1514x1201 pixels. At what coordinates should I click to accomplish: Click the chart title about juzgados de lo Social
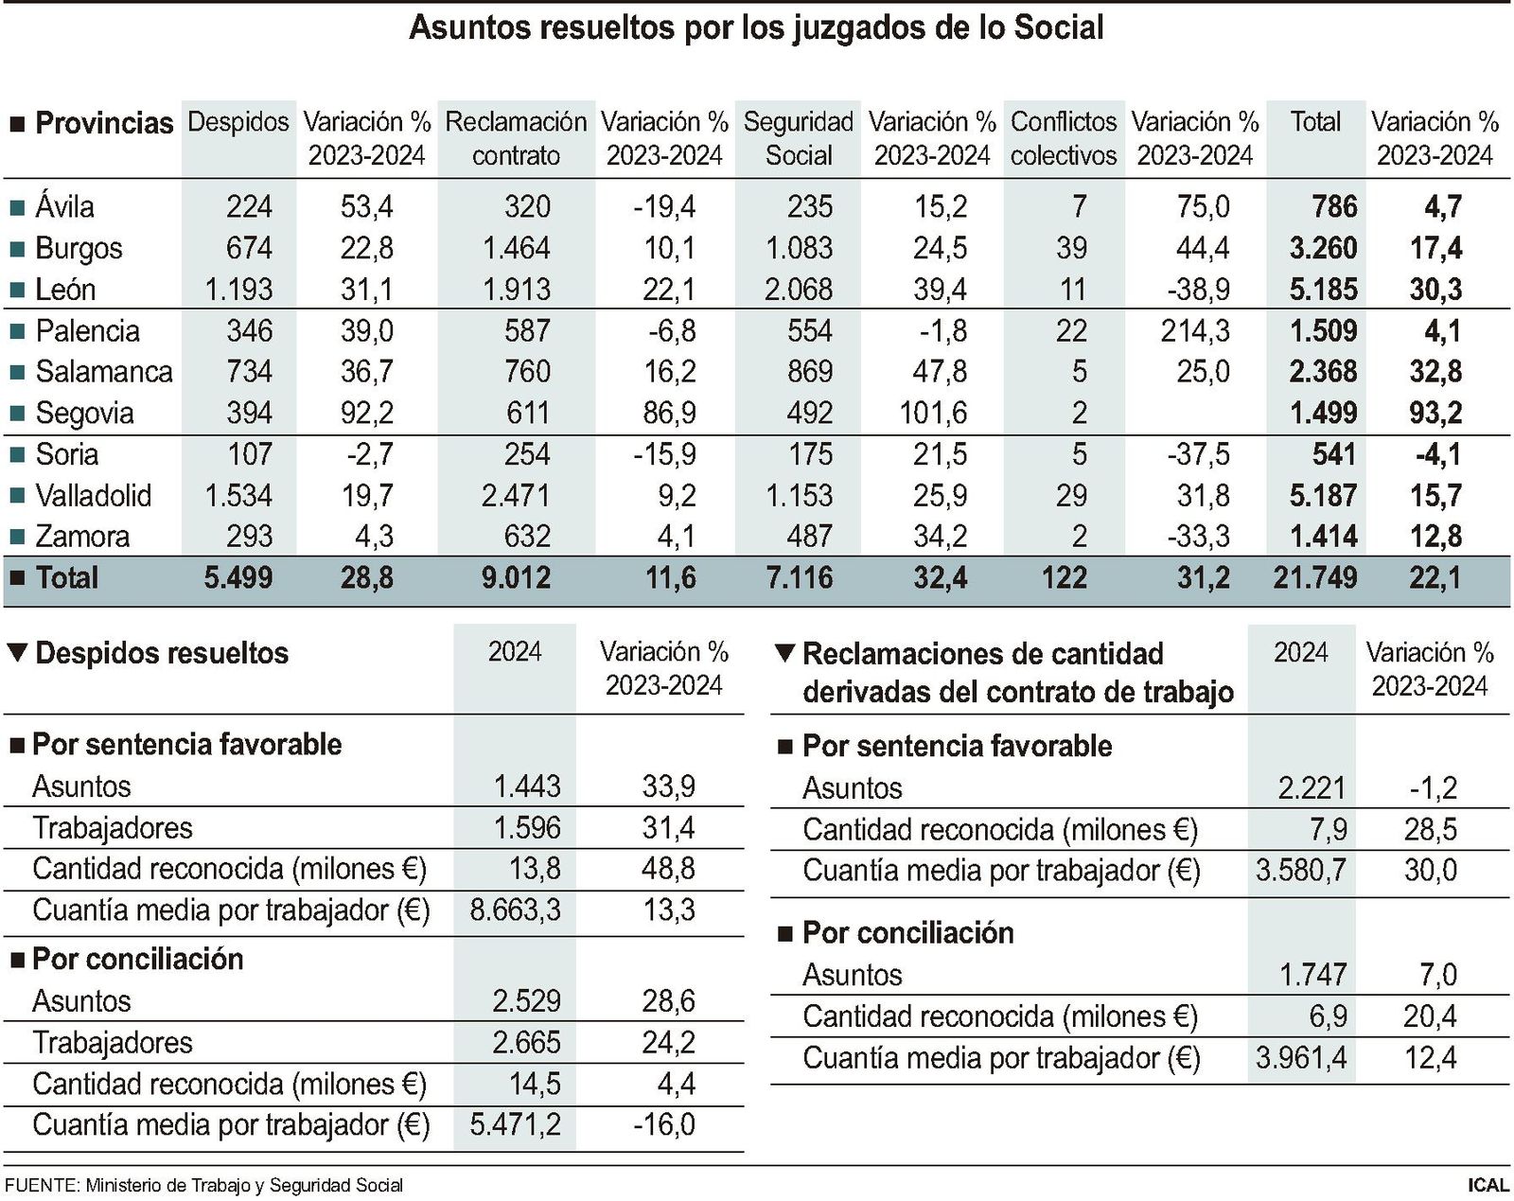point(756,27)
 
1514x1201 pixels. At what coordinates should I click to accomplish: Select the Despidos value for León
point(238,289)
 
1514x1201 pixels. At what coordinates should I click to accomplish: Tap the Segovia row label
point(84,413)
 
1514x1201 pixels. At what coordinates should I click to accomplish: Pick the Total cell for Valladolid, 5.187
point(1322,495)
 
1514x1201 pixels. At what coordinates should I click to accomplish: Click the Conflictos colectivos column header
point(1064,138)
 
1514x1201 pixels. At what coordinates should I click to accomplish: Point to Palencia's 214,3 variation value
point(1195,330)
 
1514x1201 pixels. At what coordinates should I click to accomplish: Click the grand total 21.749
point(1314,577)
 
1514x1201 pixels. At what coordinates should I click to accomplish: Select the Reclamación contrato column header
point(516,138)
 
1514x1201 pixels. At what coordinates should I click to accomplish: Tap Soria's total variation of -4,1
point(1437,454)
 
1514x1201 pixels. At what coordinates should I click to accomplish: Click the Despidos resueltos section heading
point(161,653)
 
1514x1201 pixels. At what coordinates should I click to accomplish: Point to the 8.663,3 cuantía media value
point(515,910)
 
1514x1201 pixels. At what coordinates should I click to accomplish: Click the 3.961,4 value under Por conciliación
point(1300,1057)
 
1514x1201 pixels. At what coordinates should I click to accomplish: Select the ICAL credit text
point(1488,1185)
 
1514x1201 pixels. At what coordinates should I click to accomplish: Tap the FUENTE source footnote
point(203,1185)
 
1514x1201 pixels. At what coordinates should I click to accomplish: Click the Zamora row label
point(81,537)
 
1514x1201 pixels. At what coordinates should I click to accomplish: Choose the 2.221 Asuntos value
point(1311,787)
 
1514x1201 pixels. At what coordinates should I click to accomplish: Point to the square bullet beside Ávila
point(16,206)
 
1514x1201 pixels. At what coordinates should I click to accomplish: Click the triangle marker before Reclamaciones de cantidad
point(783,653)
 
